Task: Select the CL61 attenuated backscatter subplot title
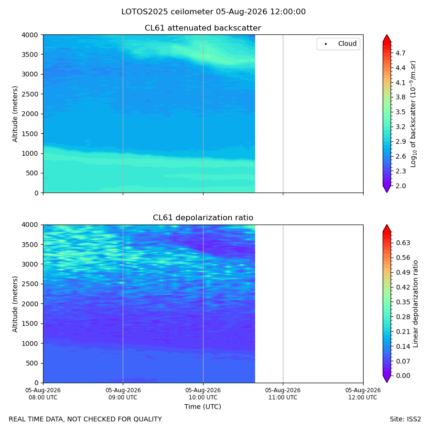203,28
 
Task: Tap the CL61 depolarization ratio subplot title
203,217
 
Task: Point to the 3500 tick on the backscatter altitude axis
30,54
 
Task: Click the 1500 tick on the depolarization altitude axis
30,323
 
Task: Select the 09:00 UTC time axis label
123,394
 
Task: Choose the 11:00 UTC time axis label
283,394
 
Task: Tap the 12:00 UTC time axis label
363,394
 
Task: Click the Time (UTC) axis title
203,407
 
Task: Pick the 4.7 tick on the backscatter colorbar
400,53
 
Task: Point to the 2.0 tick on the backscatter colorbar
400,186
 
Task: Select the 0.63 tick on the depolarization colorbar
403,243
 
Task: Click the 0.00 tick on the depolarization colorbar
403,376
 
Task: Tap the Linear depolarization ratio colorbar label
415,304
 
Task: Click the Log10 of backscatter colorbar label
413,114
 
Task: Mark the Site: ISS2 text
405,419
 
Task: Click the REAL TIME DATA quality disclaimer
86,419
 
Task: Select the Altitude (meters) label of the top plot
15,114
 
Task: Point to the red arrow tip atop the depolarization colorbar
387,225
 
